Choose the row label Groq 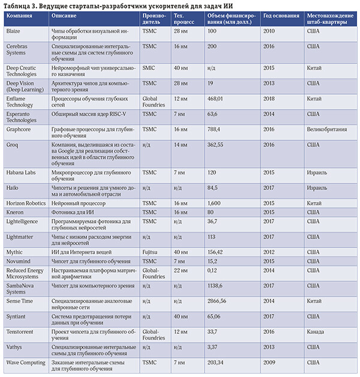pos(13,144)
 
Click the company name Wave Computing pos(25,362)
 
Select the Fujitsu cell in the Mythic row pos(151,252)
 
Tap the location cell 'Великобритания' pos(329,128)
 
